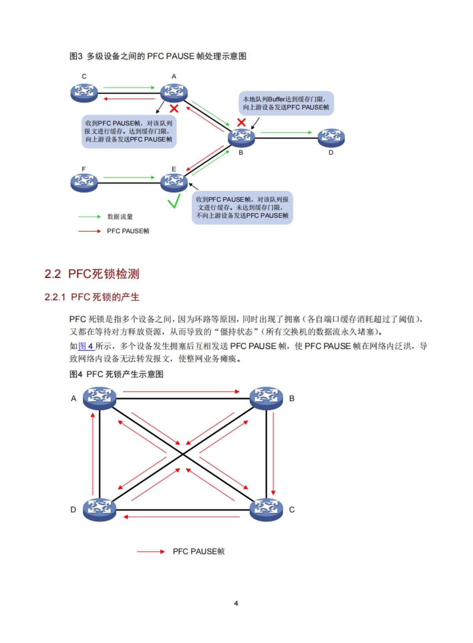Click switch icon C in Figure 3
[x=84, y=93]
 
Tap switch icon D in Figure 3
[x=331, y=138]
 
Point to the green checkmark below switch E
[x=174, y=201]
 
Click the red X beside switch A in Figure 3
[x=174, y=108]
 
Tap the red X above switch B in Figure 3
[x=241, y=123]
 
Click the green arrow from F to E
[x=129, y=178]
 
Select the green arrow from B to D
[x=286, y=133]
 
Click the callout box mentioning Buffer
[x=286, y=103]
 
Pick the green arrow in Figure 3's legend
[x=89, y=217]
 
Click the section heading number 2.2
[x=52, y=274]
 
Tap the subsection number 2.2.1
[x=55, y=297]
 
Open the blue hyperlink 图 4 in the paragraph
[x=86, y=346]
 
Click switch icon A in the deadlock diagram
[x=100, y=398]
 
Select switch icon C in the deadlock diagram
[x=266, y=509]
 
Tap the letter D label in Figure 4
[x=73, y=510]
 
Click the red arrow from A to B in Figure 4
[x=181, y=392]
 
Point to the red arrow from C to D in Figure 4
[x=181, y=516]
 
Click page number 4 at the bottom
[x=236, y=603]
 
